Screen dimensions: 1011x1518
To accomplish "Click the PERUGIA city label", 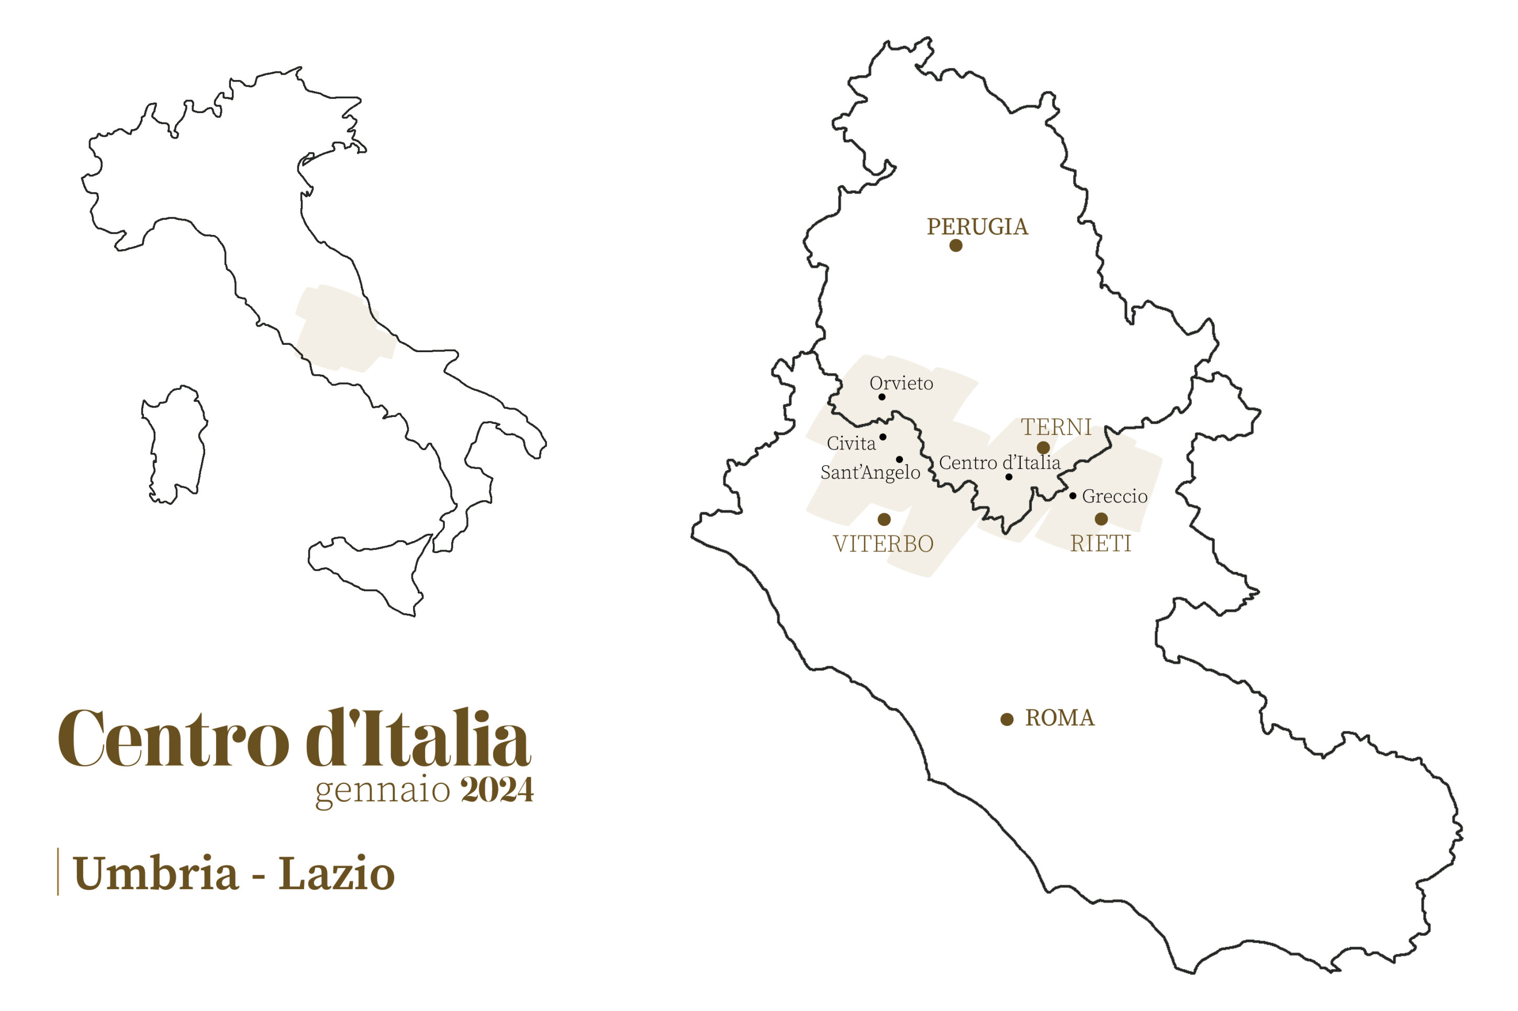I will [x=977, y=227].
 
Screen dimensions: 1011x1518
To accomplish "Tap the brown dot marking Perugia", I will [x=956, y=245].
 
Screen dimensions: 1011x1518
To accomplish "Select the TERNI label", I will [x=1056, y=427].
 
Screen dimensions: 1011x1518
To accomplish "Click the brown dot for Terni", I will [x=1043, y=447].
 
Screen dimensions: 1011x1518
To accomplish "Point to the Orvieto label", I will [x=901, y=383].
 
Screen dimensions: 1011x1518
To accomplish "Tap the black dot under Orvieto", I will [x=881, y=397].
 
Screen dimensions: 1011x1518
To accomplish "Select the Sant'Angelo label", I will [x=869, y=472].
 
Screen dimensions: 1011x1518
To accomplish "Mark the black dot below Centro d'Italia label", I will [x=1009, y=477].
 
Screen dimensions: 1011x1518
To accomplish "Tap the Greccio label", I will [x=1114, y=496].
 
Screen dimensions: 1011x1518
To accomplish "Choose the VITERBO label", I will [x=883, y=544].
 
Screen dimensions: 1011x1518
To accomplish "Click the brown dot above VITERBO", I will [x=884, y=519].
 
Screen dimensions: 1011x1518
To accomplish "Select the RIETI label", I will [x=1100, y=544].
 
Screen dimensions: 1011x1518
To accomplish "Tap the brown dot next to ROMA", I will [x=1007, y=720].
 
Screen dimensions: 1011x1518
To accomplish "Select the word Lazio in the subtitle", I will [x=336, y=874].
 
